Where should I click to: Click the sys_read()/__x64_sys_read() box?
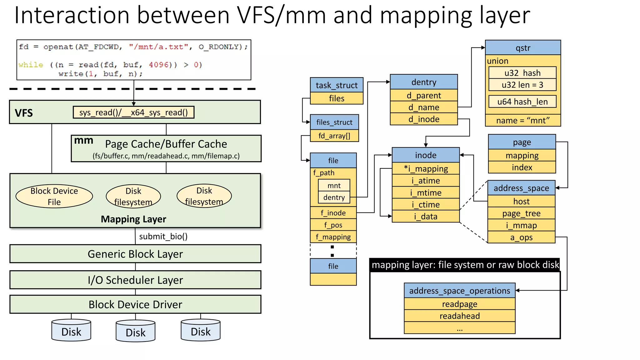tap(133, 112)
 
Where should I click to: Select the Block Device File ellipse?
tap(54, 196)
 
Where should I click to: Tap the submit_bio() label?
tap(163, 236)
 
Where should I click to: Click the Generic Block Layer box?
tap(135, 254)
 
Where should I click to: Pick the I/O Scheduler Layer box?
tap(135, 280)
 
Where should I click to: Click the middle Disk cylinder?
tap(135, 331)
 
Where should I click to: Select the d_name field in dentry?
tap(424, 107)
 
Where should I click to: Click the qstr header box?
tap(523, 48)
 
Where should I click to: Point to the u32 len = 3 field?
tap(522, 85)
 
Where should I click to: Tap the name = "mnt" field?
tap(523, 120)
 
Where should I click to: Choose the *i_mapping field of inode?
tap(426, 169)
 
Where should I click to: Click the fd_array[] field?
tap(334, 136)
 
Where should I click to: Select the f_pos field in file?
tap(333, 225)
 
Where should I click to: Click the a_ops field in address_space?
tap(521, 237)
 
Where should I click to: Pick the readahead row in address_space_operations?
tap(459, 316)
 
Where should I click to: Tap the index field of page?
tap(522, 167)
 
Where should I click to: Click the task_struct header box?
tap(337, 85)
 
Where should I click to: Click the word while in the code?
tap(31, 65)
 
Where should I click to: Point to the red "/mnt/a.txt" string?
tap(159, 47)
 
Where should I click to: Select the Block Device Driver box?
tap(135, 304)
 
